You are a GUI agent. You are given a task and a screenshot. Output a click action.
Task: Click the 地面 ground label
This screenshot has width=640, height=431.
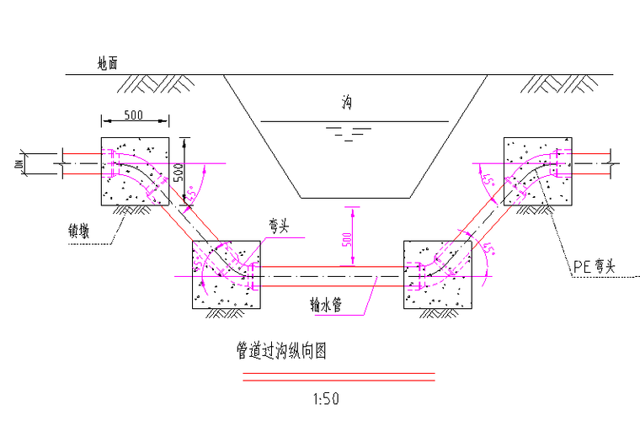point(107,63)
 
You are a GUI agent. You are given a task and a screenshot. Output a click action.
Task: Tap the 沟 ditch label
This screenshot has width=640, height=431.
point(346,103)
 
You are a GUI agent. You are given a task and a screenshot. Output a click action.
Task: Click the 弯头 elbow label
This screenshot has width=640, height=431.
point(280,226)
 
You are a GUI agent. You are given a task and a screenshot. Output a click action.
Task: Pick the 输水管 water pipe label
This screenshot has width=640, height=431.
point(324,304)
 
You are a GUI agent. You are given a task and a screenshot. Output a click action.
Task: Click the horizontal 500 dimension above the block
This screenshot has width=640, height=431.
point(137,114)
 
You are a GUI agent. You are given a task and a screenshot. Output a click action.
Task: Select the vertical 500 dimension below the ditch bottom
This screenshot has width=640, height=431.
point(346,238)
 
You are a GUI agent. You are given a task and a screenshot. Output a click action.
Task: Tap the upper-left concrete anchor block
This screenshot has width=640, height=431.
point(135,171)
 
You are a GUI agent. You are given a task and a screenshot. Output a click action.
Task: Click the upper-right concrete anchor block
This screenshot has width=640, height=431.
point(536,171)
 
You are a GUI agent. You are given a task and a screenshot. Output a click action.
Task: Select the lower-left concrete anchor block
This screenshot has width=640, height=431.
point(227,274)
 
